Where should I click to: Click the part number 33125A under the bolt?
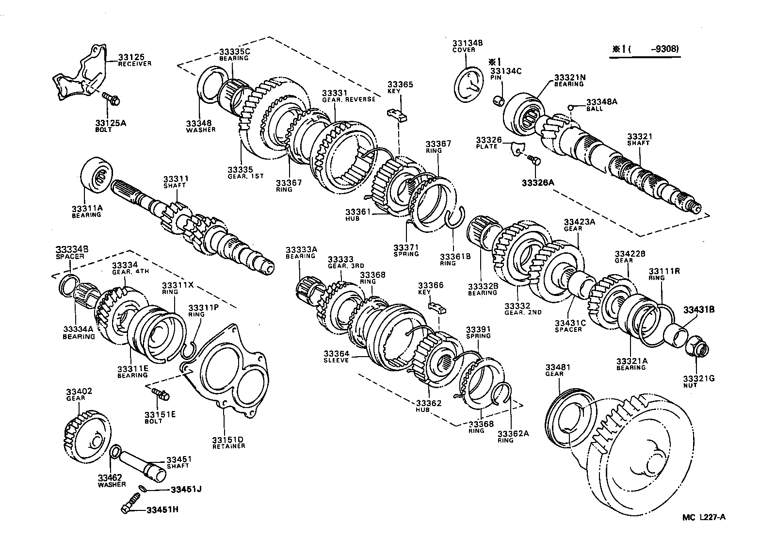(x=110, y=123)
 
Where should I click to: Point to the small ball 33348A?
(x=572, y=108)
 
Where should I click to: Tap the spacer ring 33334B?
(x=69, y=284)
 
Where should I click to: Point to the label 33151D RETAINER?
(x=227, y=442)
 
